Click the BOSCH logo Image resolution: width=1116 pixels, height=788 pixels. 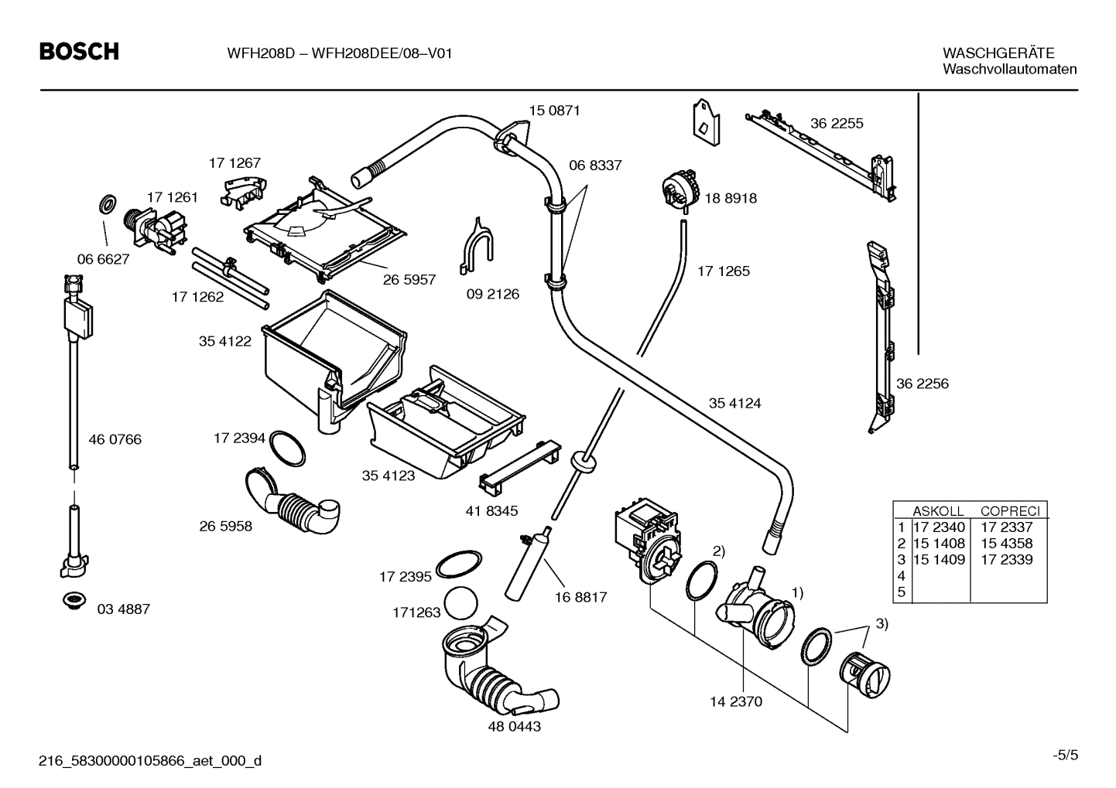(x=79, y=52)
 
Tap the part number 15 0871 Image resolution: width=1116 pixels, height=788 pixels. (x=554, y=111)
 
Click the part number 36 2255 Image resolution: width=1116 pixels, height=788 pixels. (x=837, y=123)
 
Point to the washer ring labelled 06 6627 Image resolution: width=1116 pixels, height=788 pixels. (x=107, y=206)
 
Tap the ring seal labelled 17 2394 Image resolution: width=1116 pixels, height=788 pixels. (x=286, y=449)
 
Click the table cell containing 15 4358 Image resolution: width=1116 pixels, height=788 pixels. (x=1006, y=544)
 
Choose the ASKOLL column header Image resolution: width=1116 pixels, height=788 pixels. (x=938, y=511)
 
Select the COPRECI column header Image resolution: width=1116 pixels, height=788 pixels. (x=1009, y=511)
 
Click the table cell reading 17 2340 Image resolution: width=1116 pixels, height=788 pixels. (x=940, y=527)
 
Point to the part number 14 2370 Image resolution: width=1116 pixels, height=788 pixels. (x=736, y=701)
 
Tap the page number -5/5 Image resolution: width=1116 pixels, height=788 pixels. (x=1064, y=755)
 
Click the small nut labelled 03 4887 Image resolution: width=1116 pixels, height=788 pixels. (x=75, y=600)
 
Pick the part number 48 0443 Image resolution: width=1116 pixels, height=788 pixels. (x=514, y=726)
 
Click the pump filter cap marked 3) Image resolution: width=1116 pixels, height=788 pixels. (x=868, y=673)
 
